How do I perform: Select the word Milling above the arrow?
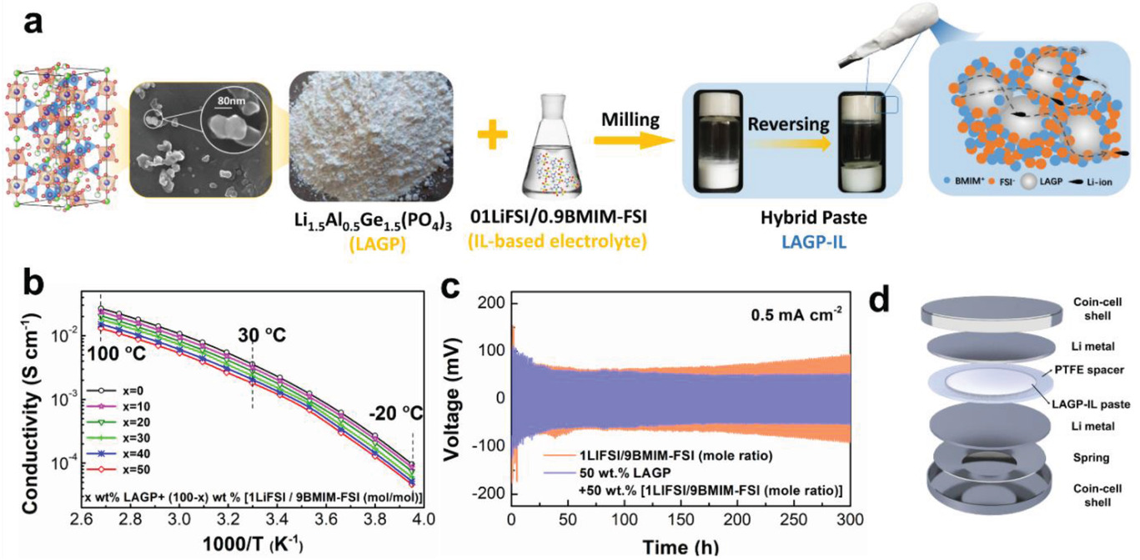coord(629,120)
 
